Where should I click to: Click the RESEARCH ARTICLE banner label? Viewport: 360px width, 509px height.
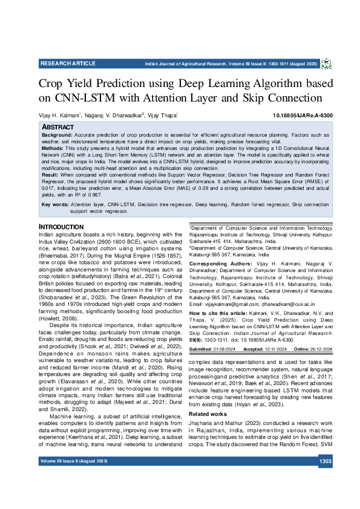pos(68,63)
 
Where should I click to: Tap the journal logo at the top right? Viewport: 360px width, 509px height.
pos(326,64)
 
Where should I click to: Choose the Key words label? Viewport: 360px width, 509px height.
pos(54,205)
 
